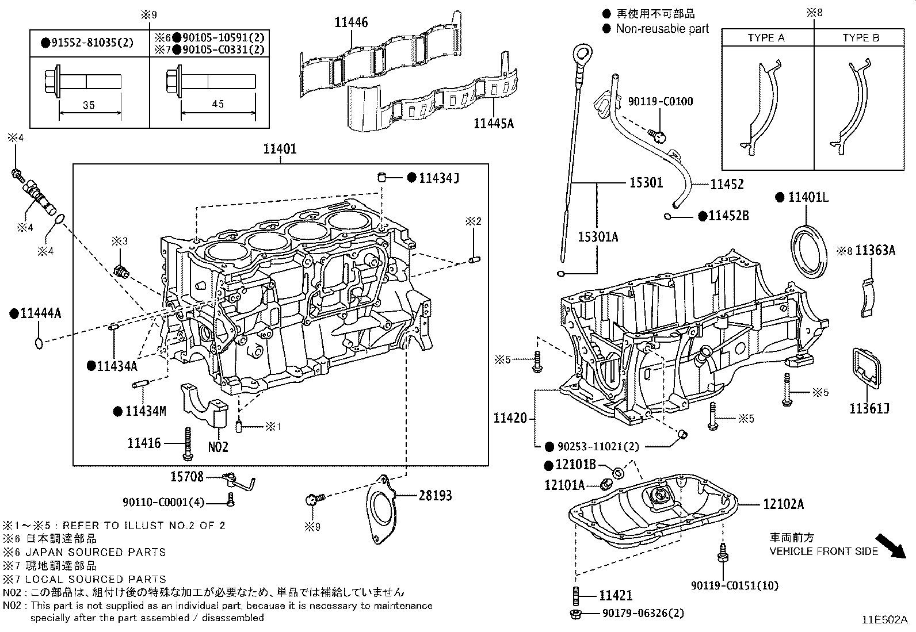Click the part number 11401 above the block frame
coord(280,149)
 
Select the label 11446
coord(351,23)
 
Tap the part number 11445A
coord(493,122)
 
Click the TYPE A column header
coord(766,38)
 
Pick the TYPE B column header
coord(860,38)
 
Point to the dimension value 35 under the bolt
coord(89,105)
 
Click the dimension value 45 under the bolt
coord(217,104)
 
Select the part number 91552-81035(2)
coord(89,43)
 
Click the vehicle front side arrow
coord(890,546)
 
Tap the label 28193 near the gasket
coord(435,495)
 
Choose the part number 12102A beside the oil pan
coord(783,504)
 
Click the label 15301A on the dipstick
coord(598,236)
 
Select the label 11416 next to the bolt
coord(144,443)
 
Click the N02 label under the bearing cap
coord(218,446)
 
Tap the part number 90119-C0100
coord(661,102)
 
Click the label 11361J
coord(869,408)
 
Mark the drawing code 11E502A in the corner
coord(884,620)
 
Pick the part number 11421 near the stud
coord(616,596)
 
